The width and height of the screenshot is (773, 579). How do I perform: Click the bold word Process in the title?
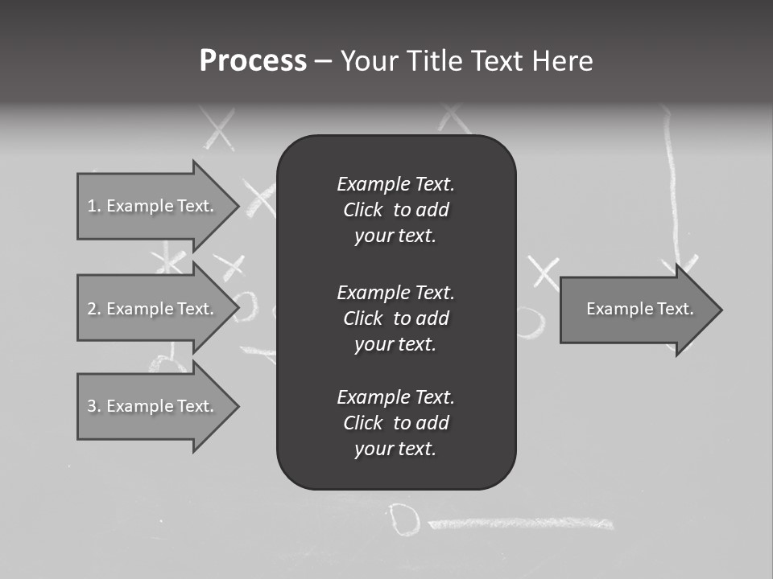click(253, 61)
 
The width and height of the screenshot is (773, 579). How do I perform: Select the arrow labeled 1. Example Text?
click(153, 206)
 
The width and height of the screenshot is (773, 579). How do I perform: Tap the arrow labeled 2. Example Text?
click(153, 309)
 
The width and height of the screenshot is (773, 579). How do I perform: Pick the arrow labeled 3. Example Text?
click(153, 406)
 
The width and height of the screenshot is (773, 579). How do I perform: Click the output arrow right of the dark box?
click(636, 310)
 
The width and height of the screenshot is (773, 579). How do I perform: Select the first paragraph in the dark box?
click(395, 210)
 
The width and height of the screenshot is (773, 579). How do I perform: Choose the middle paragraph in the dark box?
click(395, 318)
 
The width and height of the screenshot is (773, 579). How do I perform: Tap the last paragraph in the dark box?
click(395, 423)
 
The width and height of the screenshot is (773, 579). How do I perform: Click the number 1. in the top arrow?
click(93, 206)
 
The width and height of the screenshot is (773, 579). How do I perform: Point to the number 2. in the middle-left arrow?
click(93, 309)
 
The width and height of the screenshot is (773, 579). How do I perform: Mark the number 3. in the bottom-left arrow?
click(93, 406)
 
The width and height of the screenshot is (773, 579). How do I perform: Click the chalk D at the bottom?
click(403, 519)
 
